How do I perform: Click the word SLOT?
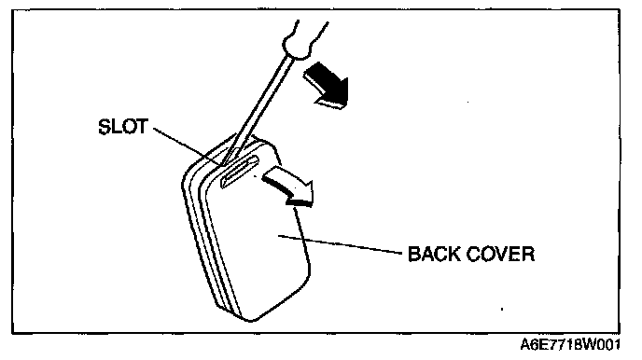tap(123, 127)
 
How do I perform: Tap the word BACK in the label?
tap(434, 254)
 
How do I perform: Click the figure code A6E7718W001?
tap(570, 345)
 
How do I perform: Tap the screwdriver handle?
tap(305, 39)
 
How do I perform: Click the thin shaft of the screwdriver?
tap(258, 108)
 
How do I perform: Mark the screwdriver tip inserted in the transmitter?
tap(227, 160)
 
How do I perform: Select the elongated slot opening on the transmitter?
tap(240, 172)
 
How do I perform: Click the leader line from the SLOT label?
tap(188, 146)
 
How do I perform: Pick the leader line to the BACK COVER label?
tap(340, 244)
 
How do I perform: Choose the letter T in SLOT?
tap(142, 127)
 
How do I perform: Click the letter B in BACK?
tap(414, 254)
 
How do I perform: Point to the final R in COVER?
tap(528, 254)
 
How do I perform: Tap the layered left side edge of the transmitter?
tap(204, 237)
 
